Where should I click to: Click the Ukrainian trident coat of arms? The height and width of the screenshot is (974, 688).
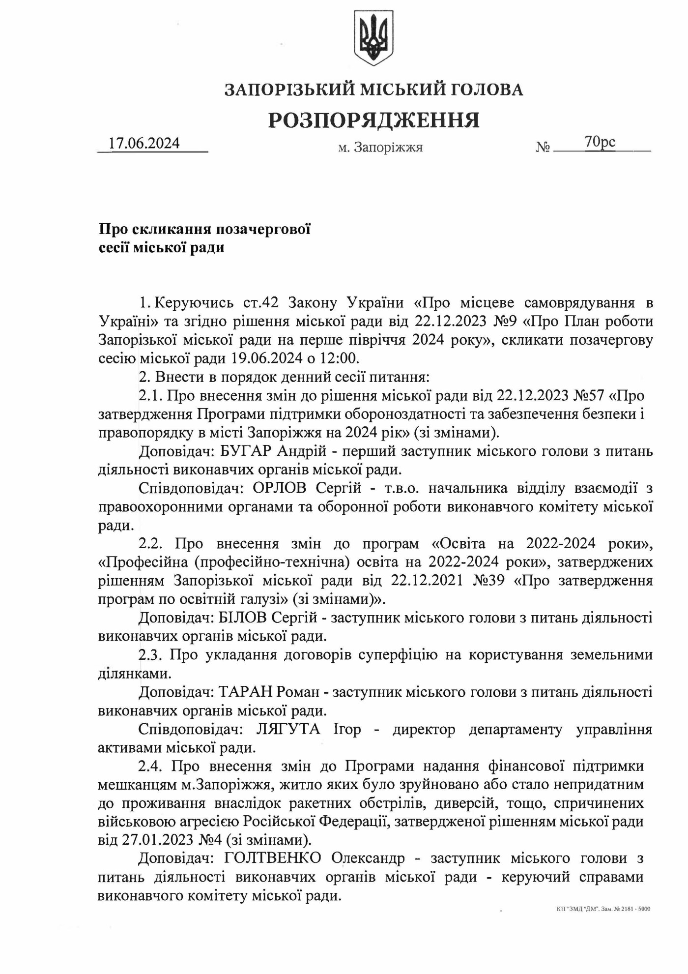click(x=373, y=39)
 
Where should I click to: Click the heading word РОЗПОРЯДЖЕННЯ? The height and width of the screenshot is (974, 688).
click(x=373, y=120)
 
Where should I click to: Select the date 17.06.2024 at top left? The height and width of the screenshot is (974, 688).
click(x=144, y=143)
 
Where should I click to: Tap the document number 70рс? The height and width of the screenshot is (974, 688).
click(x=600, y=142)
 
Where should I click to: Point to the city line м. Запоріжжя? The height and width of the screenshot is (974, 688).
click(x=380, y=148)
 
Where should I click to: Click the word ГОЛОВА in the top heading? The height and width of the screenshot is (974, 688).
click(x=487, y=89)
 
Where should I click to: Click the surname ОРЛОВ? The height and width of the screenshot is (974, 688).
click(x=279, y=488)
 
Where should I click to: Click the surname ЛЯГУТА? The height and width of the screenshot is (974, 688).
click(x=287, y=729)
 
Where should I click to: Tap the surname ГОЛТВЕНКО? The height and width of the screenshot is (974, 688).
click(x=273, y=858)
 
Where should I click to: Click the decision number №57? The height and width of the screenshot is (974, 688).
click(x=588, y=395)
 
